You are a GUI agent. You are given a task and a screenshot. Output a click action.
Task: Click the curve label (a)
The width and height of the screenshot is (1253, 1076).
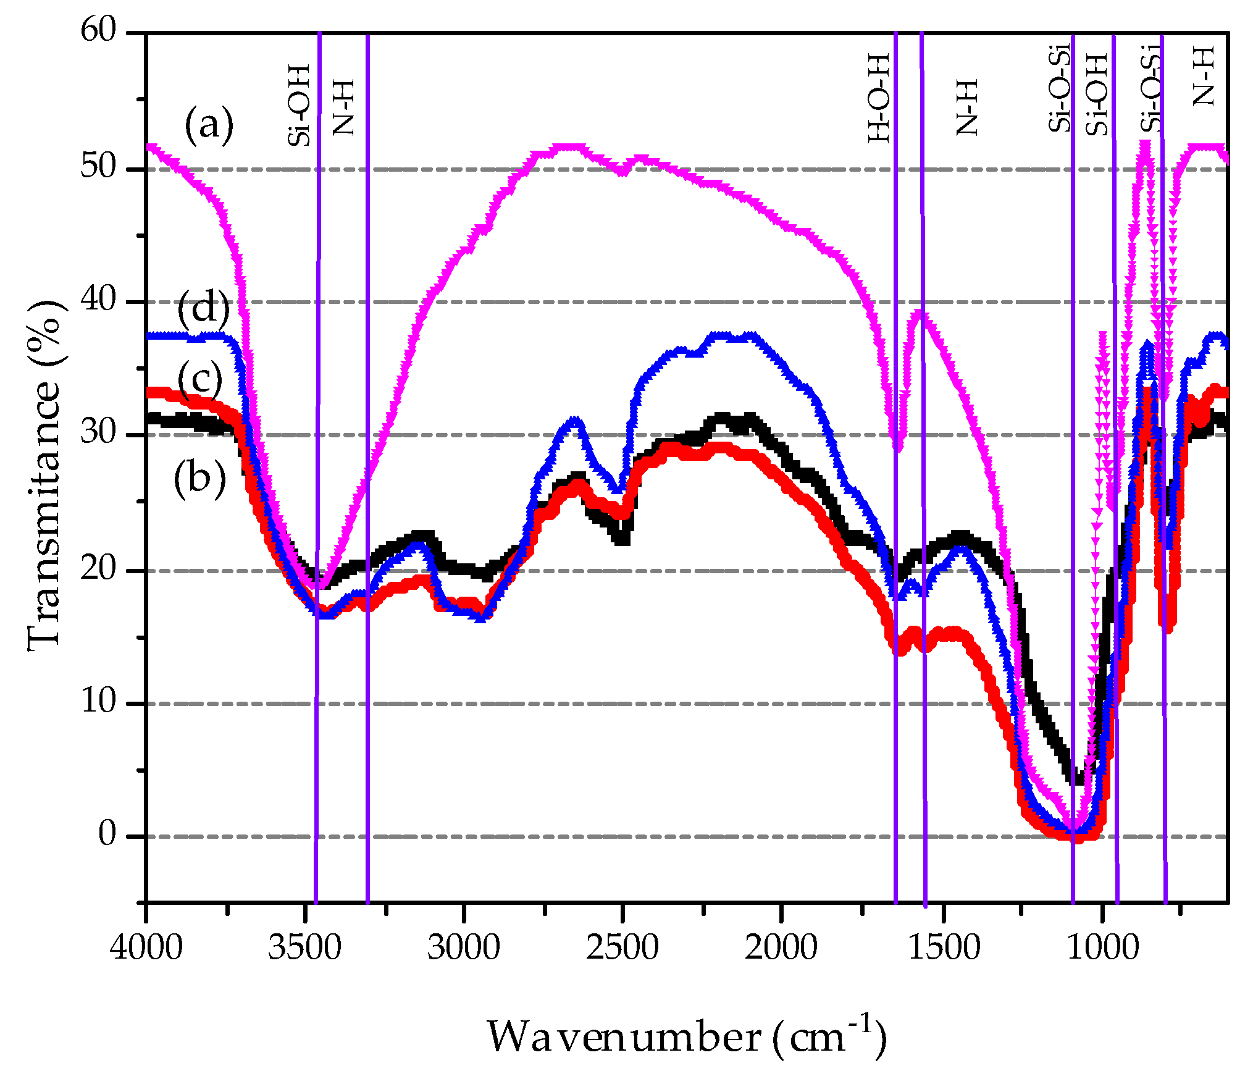pos(209,125)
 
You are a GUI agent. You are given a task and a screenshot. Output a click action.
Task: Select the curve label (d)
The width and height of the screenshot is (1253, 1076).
pos(203,308)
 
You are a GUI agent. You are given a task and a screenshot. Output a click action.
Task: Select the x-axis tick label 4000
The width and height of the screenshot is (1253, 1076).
pos(146,947)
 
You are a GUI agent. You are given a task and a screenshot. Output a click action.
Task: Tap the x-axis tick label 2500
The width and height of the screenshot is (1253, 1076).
pos(622,947)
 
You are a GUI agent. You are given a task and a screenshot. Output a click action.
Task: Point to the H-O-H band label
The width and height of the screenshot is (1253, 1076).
pos(879,99)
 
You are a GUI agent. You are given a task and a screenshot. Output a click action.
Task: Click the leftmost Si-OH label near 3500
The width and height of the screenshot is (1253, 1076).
pos(299,106)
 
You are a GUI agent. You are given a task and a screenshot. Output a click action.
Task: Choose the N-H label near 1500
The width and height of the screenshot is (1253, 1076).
pos(967,107)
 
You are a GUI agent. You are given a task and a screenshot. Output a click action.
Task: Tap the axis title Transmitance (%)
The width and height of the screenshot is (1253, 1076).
pos(44,476)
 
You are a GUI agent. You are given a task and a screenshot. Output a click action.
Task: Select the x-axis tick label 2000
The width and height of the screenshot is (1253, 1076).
pos(781,947)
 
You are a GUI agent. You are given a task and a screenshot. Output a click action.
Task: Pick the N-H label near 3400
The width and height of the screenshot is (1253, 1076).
pos(343,107)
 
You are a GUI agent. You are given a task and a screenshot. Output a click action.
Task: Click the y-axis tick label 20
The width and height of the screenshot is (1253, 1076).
pos(98,568)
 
